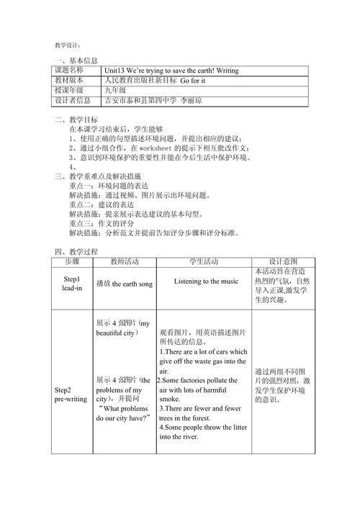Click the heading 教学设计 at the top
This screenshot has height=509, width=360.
point(69,45)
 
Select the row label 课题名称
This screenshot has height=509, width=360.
point(69,71)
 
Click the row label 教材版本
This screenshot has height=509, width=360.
point(69,81)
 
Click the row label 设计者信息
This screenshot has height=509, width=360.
point(72,101)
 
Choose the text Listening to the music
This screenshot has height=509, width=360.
point(206,281)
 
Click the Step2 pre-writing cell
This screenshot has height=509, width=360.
point(71,394)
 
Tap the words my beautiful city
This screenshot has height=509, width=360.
point(124,328)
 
